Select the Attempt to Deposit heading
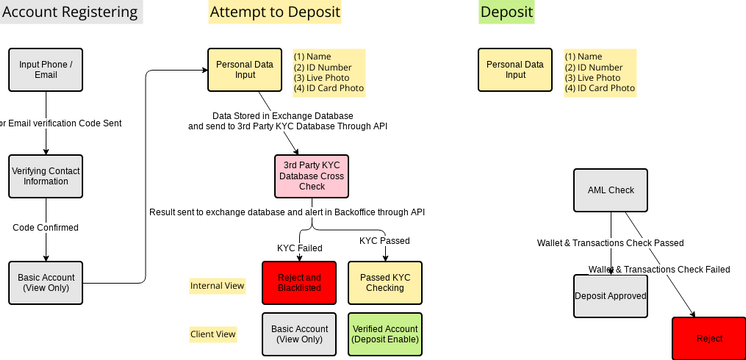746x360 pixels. [275, 12]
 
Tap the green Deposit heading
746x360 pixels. [506, 12]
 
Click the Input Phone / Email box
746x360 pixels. [46, 71]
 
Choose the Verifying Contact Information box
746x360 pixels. [46, 177]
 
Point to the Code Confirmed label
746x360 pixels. [45, 228]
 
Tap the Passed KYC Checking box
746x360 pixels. [385, 282]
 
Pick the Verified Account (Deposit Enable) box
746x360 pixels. [385, 335]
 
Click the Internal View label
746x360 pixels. [218, 286]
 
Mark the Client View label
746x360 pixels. [213, 334]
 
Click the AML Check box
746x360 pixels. [611, 190]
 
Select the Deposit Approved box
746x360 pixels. [611, 296]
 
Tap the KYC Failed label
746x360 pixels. [300, 248]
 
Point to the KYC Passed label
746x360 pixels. [385, 240]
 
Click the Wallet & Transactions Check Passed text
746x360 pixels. [610, 243]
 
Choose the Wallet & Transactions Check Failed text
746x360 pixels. [659, 269]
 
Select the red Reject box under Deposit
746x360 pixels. [709, 339]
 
